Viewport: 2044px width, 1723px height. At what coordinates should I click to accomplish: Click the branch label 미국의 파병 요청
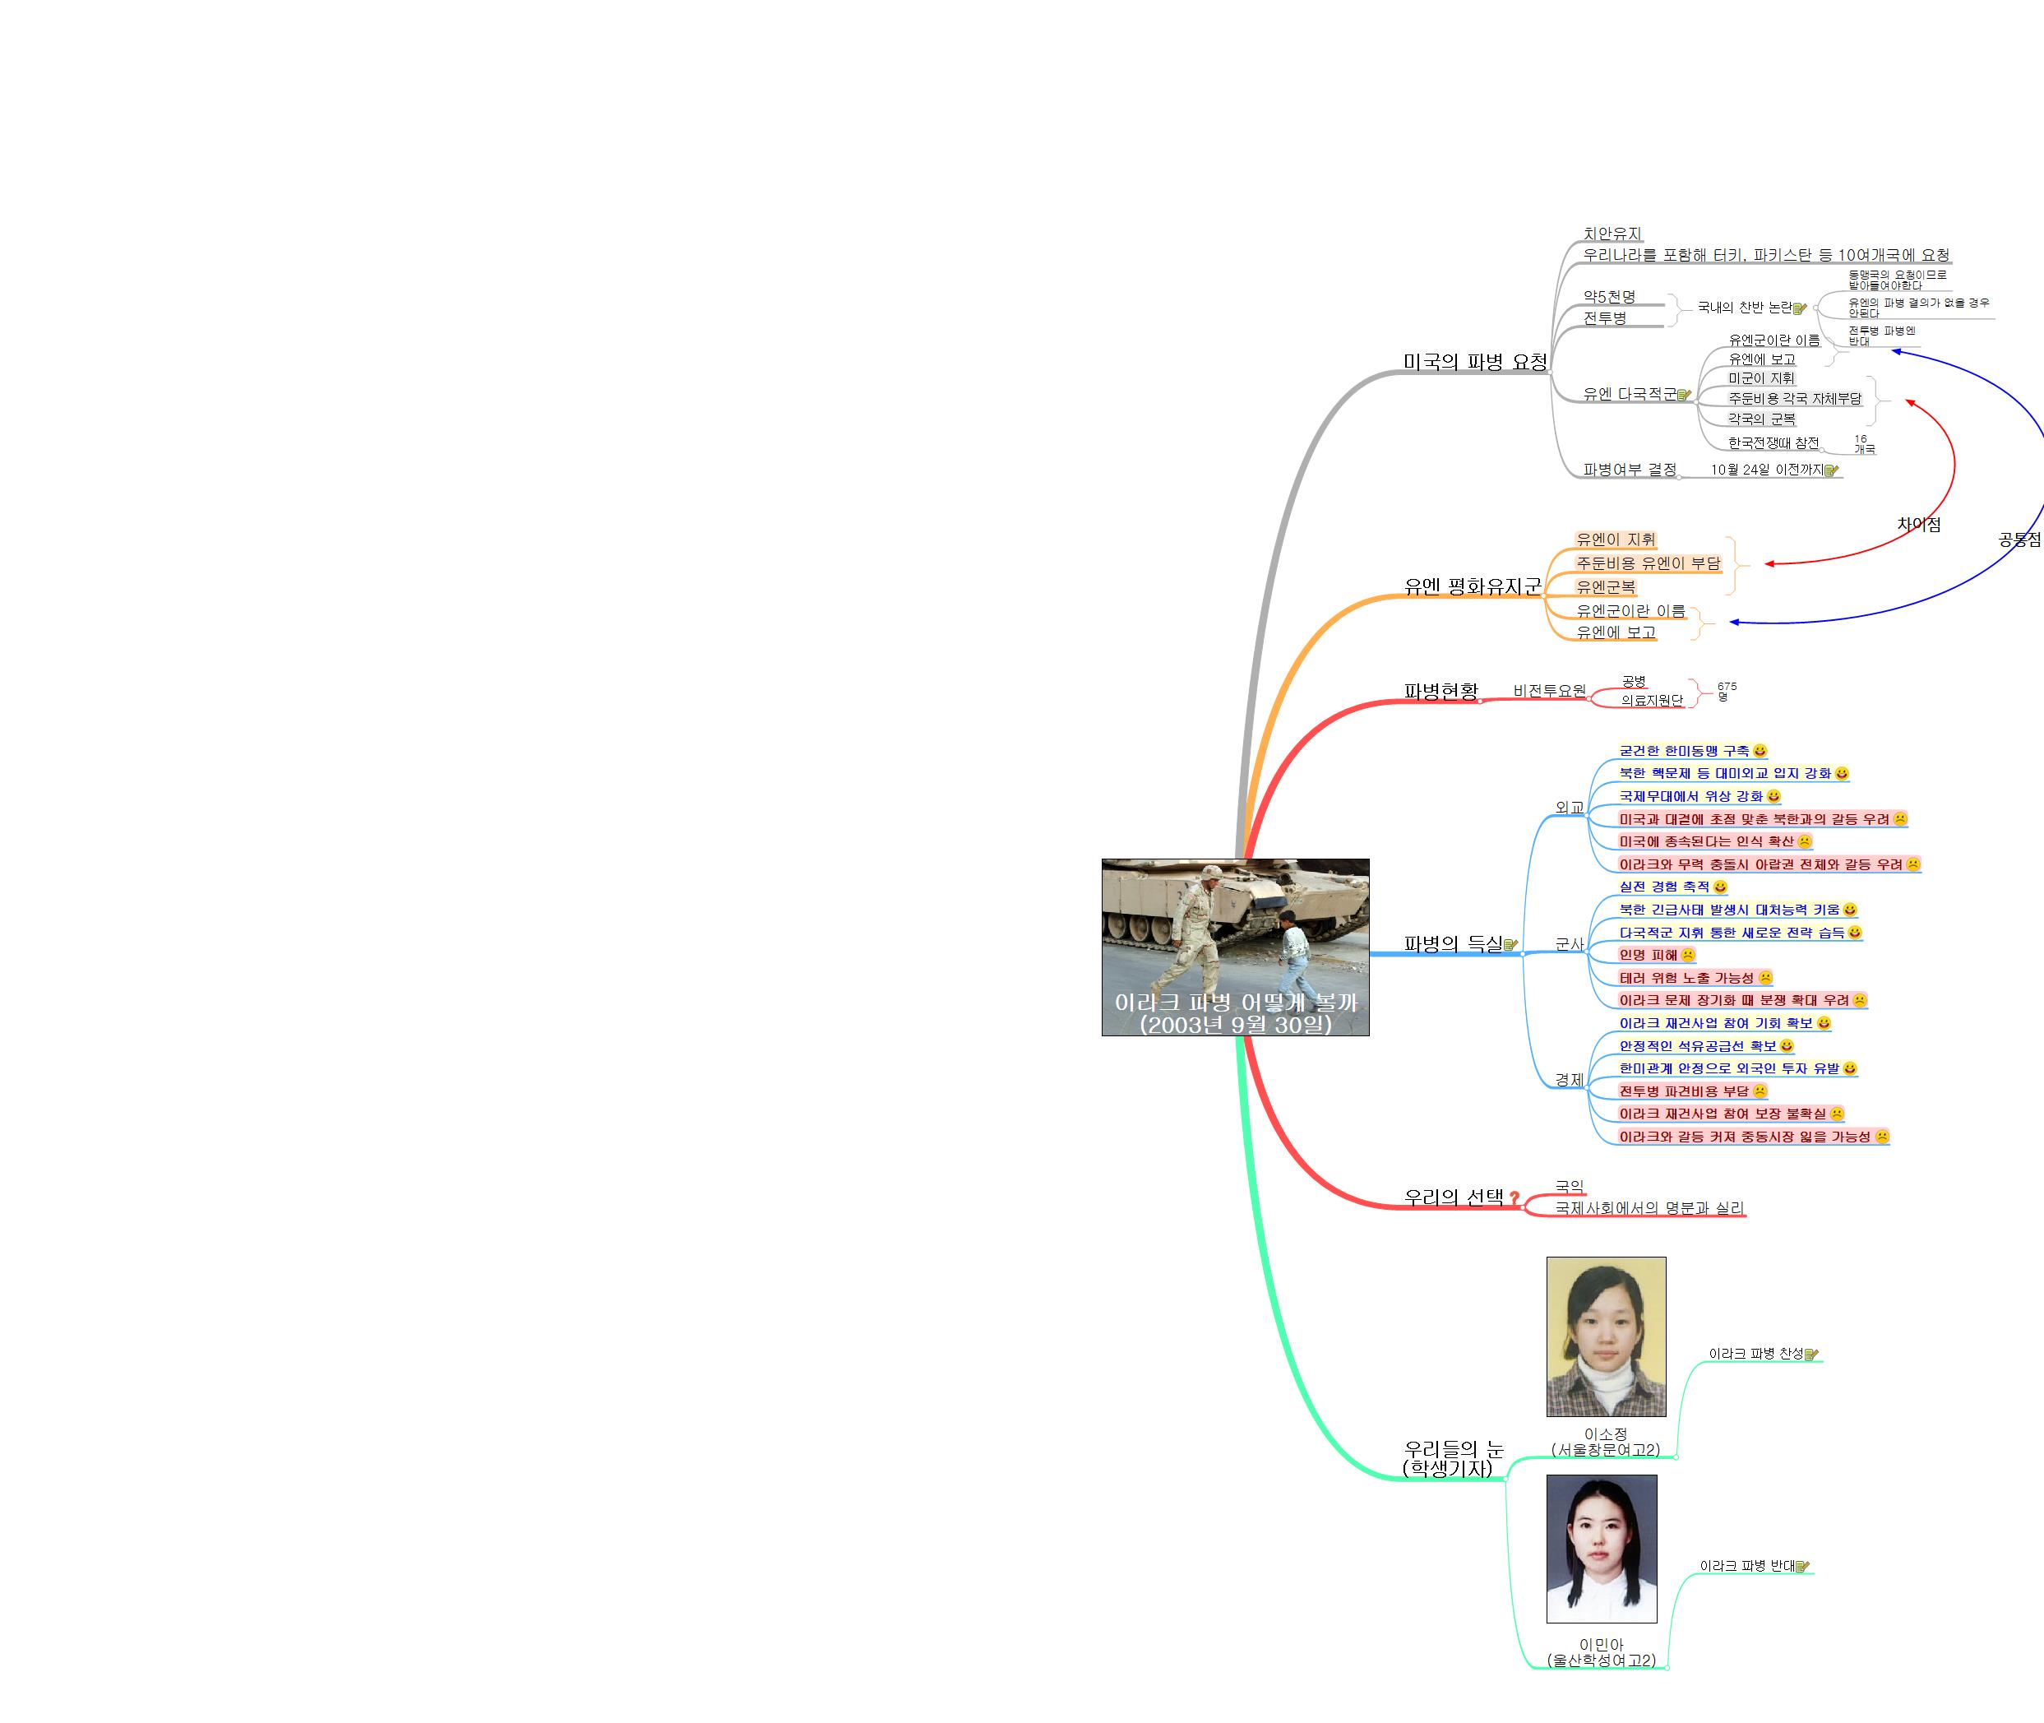tap(1475, 363)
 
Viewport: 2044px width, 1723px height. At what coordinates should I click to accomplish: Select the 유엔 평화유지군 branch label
tap(1472, 586)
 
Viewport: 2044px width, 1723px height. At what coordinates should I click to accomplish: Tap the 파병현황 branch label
tap(1441, 691)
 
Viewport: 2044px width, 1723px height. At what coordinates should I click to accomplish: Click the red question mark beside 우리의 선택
tap(1515, 1197)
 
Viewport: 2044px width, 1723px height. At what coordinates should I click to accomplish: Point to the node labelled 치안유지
tap(1612, 234)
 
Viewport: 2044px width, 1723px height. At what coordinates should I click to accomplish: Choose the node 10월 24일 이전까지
tap(1767, 470)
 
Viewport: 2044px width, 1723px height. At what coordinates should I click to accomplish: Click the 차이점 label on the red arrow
tap(1918, 525)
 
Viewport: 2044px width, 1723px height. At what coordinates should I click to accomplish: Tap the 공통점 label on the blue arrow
tap(2019, 540)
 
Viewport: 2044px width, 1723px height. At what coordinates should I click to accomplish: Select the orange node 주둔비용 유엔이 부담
tap(1649, 563)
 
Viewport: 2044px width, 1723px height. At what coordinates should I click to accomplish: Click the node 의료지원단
tap(1652, 701)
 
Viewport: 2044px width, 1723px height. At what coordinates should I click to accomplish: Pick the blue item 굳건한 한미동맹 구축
tap(1684, 751)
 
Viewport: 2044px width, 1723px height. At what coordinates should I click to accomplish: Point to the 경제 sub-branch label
tap(1570, 1079)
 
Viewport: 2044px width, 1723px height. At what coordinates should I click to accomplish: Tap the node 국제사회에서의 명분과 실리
tap(1649, 1208)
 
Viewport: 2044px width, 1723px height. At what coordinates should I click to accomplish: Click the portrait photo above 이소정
tap(1607, 1336)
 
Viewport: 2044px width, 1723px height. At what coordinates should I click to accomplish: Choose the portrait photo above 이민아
tap(1602, 1548)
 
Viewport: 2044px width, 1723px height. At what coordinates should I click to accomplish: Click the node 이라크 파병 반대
tap(1747, 1566)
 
